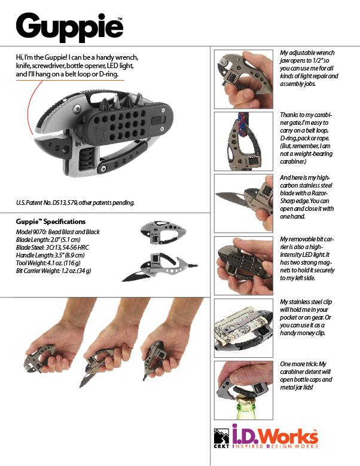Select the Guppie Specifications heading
51,222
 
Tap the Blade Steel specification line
53,247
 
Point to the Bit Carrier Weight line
54,271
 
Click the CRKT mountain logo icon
221,437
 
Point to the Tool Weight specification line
48,263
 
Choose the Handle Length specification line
50,255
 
